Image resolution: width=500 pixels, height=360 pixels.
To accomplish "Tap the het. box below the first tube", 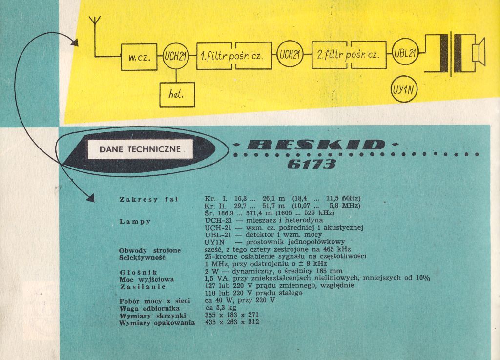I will tap(177, 94).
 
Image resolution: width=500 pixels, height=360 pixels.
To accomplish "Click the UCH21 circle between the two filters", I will tap(290, 54).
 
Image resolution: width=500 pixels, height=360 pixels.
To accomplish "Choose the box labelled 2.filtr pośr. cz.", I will tap(348, 54).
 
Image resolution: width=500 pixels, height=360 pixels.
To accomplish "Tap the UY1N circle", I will tap(405, 89).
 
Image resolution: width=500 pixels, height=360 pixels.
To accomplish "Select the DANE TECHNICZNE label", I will tap(140, 149).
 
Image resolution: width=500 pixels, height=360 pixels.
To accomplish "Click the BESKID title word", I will tap(316, 145).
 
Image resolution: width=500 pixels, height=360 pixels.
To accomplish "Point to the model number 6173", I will tap(312, 164).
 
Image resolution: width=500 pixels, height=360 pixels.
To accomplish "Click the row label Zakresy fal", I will tap(148, 199).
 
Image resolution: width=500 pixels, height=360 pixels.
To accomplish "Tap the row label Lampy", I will tap(135, 221).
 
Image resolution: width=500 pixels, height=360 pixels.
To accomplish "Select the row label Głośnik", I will tap(138, 271).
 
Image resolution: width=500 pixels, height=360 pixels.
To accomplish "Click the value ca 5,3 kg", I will tap(221, 308).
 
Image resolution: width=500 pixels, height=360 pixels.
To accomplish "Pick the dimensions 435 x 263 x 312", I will tap(232, 322).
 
